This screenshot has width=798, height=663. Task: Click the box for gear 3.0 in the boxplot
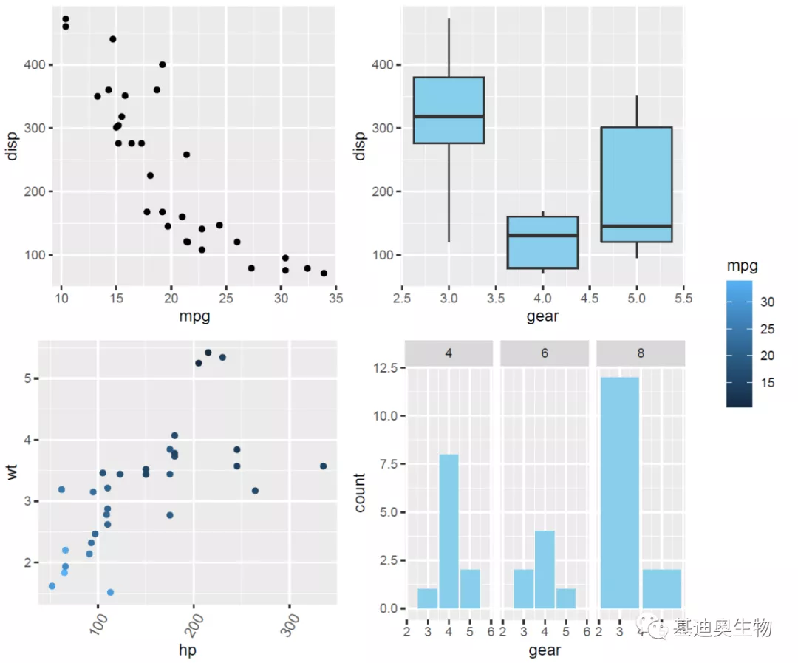click(x=449, y=110)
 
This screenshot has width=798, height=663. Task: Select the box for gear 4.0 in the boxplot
click(x=542, y=242)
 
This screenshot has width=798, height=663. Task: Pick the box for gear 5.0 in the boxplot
click(x=636, y=184)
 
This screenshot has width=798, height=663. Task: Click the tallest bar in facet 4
click(x=449, y=531)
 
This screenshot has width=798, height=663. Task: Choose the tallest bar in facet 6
click(x=545, y=569)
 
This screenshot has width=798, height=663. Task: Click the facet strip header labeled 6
click(x=545, y=353)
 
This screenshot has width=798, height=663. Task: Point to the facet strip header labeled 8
click(x=641, y=353)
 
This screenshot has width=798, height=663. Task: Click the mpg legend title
click(x=742, y=266)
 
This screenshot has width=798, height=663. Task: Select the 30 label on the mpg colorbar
click(x=768, y=302)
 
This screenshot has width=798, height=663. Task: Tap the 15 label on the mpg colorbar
click(x=768, y=383)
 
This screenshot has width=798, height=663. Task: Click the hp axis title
click(x=187, y=650)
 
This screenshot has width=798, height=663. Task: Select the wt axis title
click(x=13, y=472)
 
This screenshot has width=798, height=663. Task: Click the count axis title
click(x=360, y=492)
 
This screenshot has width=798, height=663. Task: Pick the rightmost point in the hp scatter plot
click(x=323, y=466)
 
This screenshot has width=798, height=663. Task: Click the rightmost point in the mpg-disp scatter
click(x=324, y=273)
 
